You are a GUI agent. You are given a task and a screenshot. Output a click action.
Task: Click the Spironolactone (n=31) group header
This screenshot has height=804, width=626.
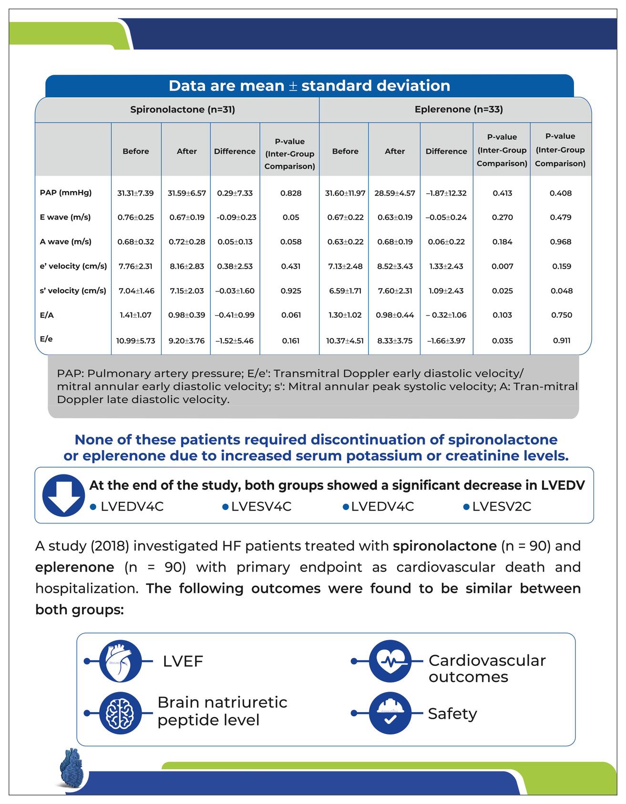tap(183, 110)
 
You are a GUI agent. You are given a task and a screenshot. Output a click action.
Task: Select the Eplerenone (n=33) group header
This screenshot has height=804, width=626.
tap(459, 110)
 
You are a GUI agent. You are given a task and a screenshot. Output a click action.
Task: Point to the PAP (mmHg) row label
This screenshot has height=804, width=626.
tap(66, 193)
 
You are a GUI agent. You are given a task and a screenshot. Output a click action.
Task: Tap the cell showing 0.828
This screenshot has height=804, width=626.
tap(291, 193)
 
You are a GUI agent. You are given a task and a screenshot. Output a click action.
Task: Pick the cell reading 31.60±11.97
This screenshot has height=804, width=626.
tap(345, 193)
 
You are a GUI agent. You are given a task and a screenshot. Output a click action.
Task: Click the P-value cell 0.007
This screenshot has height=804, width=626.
tap(503, 266)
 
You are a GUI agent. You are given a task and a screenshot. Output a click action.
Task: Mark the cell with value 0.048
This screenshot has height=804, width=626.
tap(562, 291)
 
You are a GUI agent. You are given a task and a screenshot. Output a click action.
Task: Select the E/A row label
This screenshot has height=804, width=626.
tap(47, 315)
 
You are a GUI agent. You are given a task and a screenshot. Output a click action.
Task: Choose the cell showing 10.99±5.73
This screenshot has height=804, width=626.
tap(136, 341)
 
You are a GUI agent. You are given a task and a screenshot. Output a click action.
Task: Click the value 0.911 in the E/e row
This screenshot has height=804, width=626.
tap(562, 341)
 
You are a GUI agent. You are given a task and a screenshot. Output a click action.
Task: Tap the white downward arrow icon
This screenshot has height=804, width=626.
tap(63, 495)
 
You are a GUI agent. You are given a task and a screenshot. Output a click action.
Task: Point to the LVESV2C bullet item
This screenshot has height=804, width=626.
tap(501, 506)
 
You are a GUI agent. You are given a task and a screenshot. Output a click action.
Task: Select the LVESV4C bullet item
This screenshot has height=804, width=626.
tap(261, 506)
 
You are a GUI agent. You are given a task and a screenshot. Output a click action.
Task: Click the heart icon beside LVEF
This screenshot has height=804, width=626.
tap(120, 661)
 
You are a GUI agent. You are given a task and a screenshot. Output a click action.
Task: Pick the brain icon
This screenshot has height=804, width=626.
tap(120, 713)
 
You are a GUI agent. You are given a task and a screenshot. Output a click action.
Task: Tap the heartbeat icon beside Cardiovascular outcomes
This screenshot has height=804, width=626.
tap(390, 661)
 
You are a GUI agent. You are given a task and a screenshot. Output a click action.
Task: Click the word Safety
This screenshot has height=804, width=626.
tap(452, 714)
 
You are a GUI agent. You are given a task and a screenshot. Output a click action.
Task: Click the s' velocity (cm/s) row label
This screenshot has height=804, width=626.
tap(73, 291)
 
